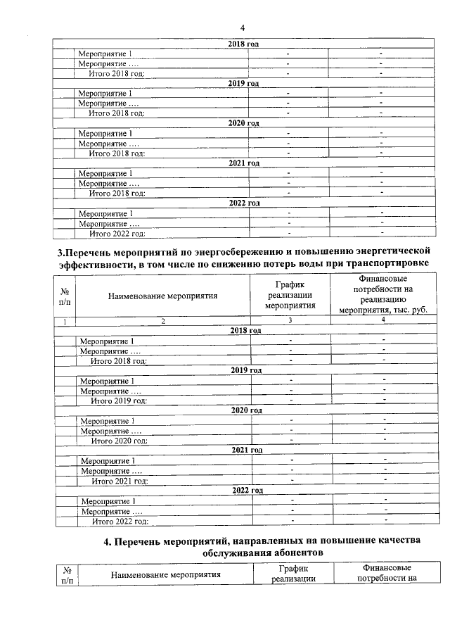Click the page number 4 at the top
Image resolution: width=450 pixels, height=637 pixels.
(242, 28)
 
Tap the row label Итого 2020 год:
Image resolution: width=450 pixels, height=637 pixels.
(119, 441)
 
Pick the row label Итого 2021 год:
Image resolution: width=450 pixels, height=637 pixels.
(120, 481)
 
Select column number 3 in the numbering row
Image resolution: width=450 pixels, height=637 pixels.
(290, 320)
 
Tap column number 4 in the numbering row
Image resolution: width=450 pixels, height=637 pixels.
(382, 320)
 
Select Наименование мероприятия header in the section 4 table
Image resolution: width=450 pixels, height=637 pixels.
(165, 575)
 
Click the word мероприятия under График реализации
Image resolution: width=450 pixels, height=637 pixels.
(290, 305)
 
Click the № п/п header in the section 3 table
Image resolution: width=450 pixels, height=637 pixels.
(64, 296)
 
